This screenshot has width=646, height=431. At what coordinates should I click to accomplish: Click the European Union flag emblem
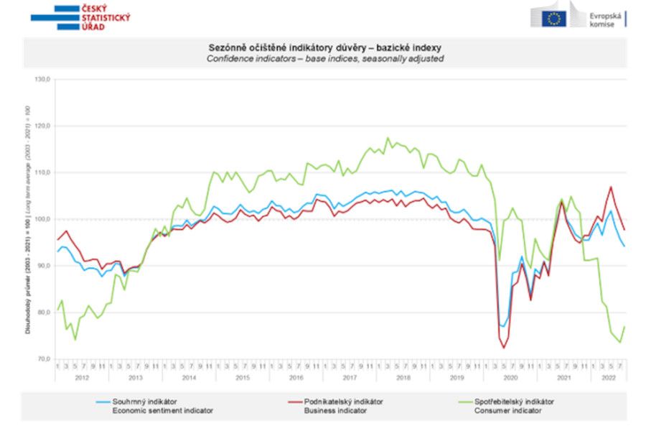point(553,18)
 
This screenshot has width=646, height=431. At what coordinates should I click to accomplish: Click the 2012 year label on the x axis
point(81,377)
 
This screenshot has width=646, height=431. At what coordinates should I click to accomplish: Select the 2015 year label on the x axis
point(243,377)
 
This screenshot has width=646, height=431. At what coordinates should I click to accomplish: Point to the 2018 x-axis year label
point(403,377)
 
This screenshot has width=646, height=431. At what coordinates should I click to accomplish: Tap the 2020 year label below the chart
point(510,377)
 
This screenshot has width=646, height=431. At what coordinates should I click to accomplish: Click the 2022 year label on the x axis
point(609,377)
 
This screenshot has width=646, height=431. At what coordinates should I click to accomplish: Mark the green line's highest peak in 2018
point(388,138)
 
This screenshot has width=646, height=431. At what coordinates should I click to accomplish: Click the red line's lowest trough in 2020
point(503,348)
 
